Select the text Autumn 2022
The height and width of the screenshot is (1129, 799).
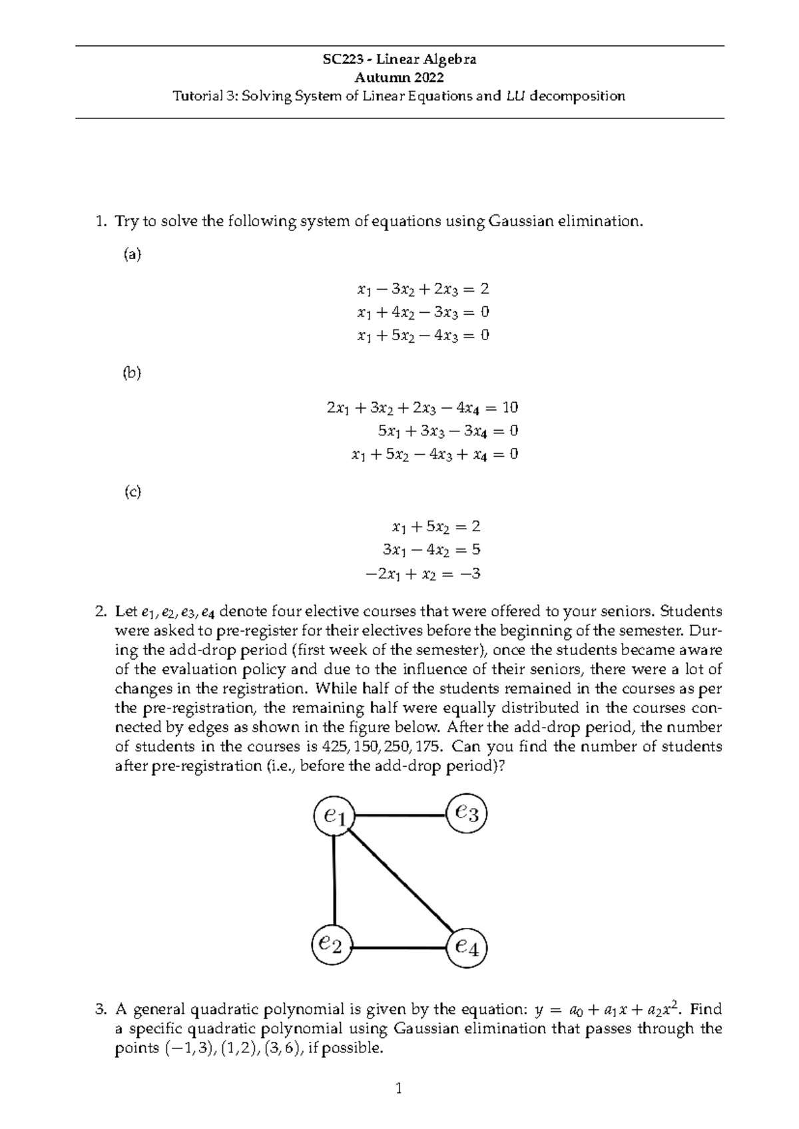pos(399,78)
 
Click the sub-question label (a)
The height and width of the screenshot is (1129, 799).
pos(133,254)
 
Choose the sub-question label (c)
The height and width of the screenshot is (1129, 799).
pos(133,492)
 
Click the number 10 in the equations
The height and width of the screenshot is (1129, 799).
pos(511,407)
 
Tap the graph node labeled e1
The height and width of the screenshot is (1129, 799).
pos(334,817)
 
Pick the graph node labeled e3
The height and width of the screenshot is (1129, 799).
pos(467,813)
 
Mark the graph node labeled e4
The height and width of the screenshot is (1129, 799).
pos(467,947)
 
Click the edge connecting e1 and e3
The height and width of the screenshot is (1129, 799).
pos(400,815)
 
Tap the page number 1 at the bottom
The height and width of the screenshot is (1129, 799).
pos(398,1089)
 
